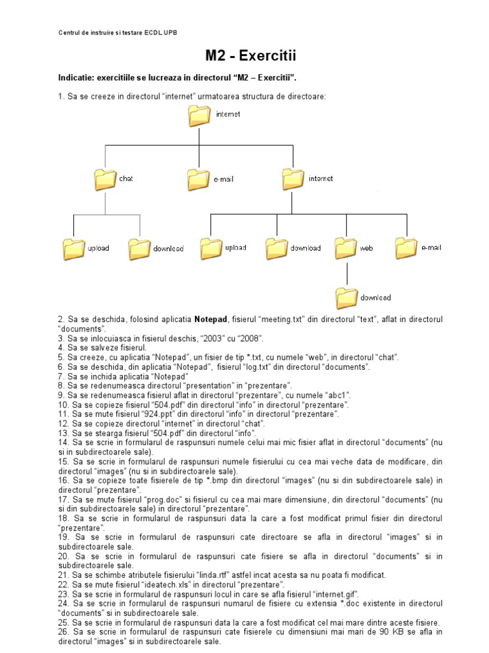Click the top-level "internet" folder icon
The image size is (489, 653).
(200, 115)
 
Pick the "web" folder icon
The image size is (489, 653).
(345, 247)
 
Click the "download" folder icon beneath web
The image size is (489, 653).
(347, 298)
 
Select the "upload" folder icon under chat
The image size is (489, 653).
(74, 249)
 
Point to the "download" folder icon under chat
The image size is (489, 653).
(139, 249)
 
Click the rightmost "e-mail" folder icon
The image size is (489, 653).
(406, 247)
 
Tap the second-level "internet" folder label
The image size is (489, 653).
(321, 179)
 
